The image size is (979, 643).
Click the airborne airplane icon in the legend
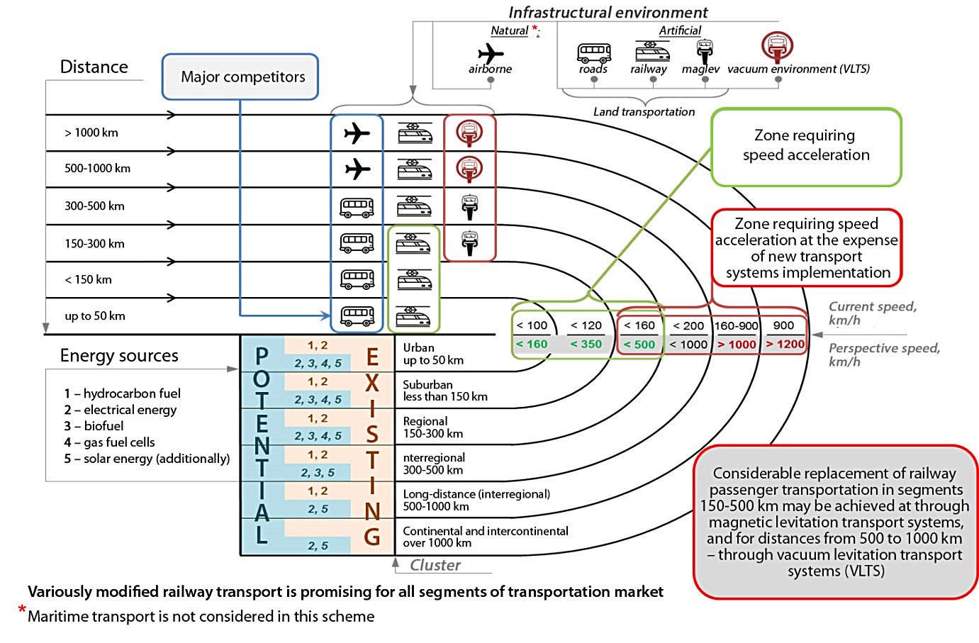tap(490, 53)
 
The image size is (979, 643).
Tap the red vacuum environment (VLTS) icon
tap(777, 46)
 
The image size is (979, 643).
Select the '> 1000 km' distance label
tap(91, 133)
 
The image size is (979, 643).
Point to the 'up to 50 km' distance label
tap(95, 316)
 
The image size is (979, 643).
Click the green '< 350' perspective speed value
tap(586, 345)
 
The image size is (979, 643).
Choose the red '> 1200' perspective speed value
tap(785, 345)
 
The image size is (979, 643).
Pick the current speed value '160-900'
tap(737, 326)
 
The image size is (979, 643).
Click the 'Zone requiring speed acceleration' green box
tap(806, 147)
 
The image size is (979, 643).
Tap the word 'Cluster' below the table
tap(435, 565)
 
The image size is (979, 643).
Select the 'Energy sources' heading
tap(119, 356)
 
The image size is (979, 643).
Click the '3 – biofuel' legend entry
tap(94, 426)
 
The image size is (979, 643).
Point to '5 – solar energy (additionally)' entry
tap(147, 459)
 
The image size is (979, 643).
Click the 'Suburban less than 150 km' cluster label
tap(445, 391)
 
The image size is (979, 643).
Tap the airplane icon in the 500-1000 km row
tap(357, 169)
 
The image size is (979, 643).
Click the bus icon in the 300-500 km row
tap(357, 207)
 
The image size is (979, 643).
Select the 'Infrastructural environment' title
tap(608, 12)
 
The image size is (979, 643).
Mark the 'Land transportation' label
tap(644, 112)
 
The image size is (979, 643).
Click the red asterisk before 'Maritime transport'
tap(22, 610)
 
